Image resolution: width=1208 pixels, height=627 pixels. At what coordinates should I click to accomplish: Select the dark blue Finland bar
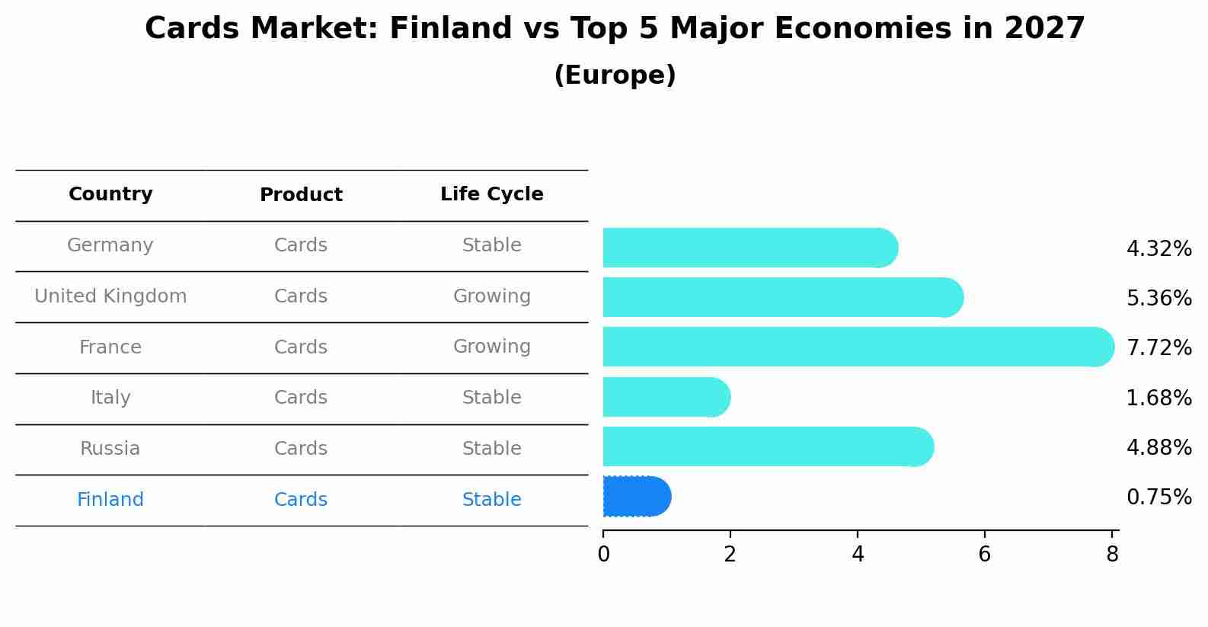pos(636,497)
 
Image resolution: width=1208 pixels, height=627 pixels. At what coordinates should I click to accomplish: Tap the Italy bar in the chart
pos(665,397)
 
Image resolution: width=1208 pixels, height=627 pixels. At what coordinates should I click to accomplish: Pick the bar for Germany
pos(749,248)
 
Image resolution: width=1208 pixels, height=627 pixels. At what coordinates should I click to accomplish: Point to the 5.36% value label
pos(1158,298)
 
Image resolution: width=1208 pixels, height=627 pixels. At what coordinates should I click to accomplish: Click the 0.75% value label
pos(1158,497)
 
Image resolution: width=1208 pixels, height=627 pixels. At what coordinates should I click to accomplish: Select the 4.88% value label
pos(1158,447)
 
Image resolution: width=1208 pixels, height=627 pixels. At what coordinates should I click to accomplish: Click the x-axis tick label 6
pos(984,555)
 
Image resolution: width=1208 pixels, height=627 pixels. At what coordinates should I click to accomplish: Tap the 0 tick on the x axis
pos(603,555)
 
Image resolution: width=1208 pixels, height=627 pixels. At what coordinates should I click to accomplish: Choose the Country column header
pos(110,194)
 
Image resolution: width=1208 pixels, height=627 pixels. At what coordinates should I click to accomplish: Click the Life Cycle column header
pos(491,194)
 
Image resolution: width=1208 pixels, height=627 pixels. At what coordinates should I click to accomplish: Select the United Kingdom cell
pos(110,296)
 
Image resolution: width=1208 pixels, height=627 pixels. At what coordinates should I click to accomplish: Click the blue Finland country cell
pos(110,500)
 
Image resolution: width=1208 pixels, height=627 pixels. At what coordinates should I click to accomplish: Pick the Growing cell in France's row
pos(491,347)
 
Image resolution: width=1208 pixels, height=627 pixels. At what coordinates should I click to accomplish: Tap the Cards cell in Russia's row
pos(301,449)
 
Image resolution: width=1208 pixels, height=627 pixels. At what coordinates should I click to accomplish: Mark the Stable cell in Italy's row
pos(491,398)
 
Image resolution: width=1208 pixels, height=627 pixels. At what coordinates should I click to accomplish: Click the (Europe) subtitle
pos(615,75)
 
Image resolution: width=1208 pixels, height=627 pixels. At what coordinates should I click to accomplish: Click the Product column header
pos(301,195)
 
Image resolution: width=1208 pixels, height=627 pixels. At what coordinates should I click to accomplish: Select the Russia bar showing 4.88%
pos(767,446)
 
